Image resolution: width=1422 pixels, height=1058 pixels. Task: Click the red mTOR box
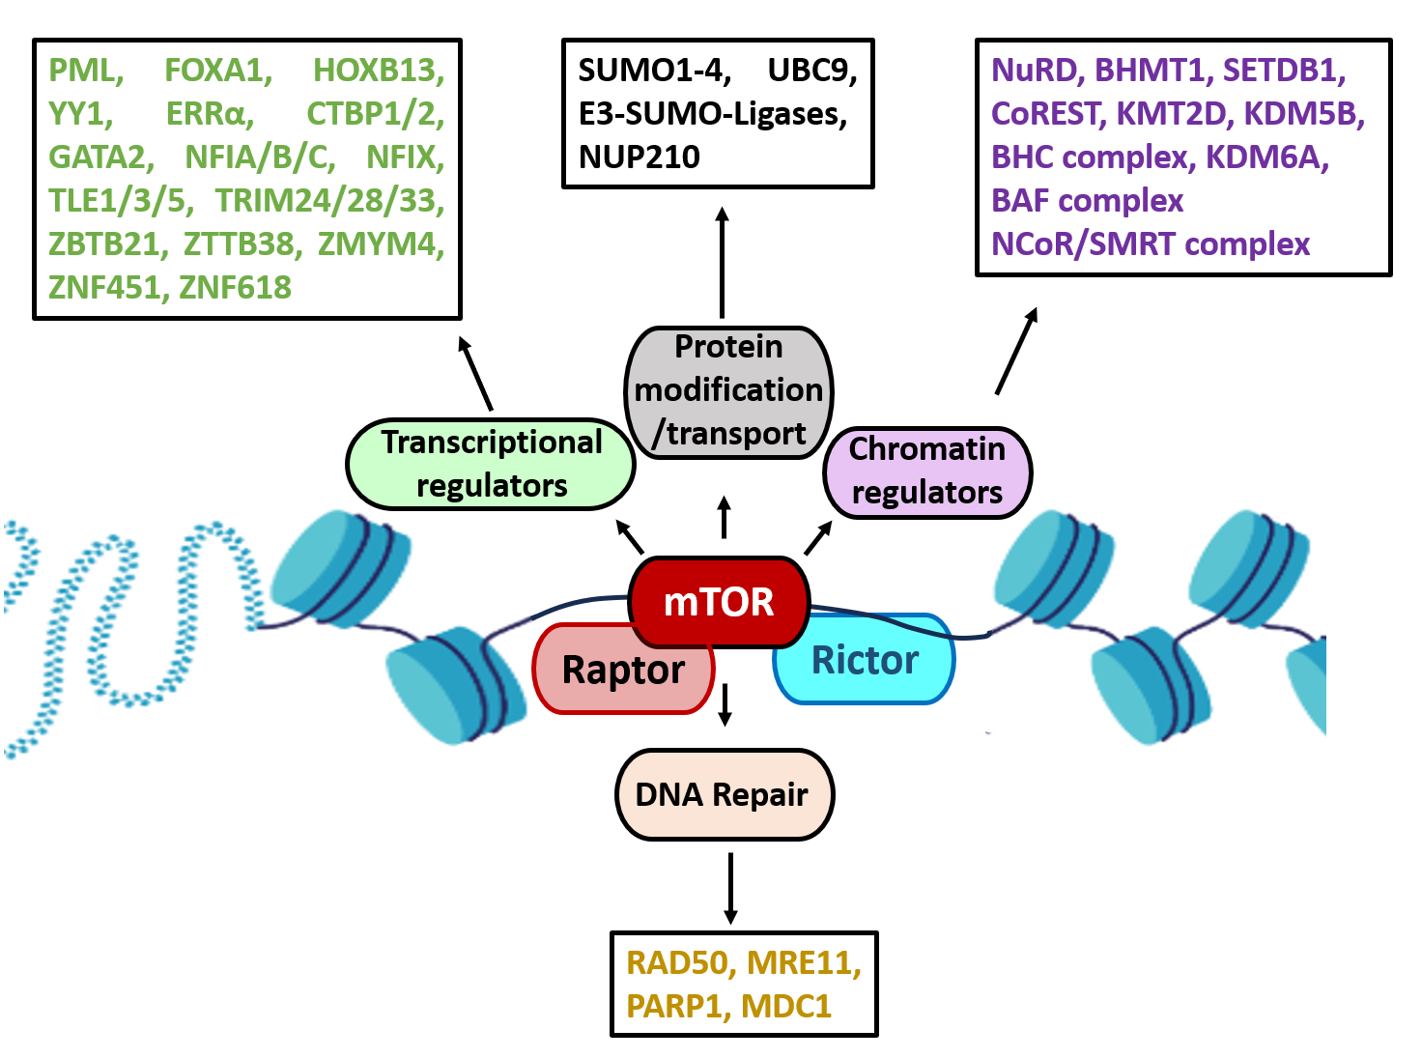[x=719, y=602]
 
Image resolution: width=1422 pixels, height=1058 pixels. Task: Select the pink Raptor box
[x=623, y=670]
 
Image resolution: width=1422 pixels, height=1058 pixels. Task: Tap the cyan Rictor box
[x=865, y=660]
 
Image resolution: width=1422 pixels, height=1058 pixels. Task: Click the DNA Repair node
[x=724, y=794]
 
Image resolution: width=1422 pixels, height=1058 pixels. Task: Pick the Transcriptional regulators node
[x=491, y=464]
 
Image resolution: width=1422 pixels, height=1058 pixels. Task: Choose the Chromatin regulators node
[x=927, y=472]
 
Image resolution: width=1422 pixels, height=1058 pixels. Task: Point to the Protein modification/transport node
[x=728, y=390]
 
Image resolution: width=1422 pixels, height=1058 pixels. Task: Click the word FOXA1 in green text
[x=217, y=71]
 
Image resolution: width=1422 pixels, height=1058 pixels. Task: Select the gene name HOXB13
[x=378, y=71]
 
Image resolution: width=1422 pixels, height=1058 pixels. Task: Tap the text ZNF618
[x=235, y=287]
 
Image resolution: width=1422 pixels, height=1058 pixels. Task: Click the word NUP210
[x=639, y=157]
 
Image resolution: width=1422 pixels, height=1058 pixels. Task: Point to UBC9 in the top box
[x=811, y=71]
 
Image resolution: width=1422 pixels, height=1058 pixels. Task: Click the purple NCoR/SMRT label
[x=1150, y=243]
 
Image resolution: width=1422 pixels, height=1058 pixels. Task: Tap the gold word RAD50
[x=681, y=962]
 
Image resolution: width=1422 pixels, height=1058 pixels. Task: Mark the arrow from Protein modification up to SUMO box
[x=723, y=261]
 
